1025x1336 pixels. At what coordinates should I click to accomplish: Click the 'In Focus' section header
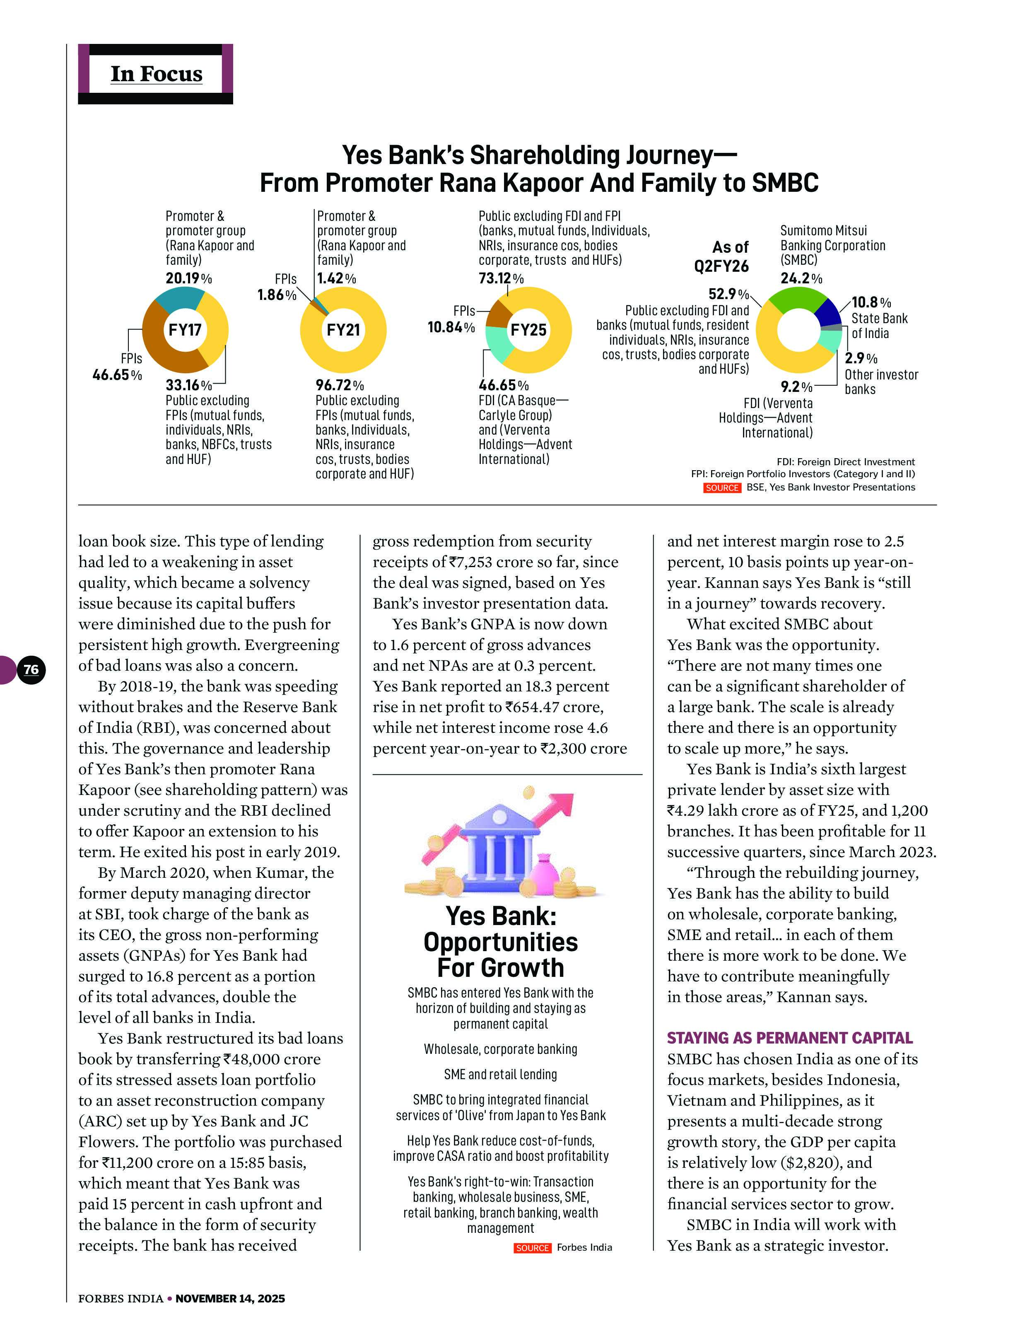click(x=156, y=74)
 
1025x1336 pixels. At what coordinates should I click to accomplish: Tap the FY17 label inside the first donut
click(x=185, y=330)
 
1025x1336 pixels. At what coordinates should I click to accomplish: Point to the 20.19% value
click(x=188, y=279)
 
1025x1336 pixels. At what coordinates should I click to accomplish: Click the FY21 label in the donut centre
click(x=343, y=330)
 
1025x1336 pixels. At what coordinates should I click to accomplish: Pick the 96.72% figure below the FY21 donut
click(x=339, y=386)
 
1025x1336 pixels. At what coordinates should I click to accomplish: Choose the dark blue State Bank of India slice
click(x=829, y=312)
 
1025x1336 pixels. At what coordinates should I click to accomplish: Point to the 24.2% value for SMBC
click(x=801, y=279)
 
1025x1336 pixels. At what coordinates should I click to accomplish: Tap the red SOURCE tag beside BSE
click(x=722, y=488)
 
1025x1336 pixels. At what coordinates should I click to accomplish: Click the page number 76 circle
click(x=31, y=669)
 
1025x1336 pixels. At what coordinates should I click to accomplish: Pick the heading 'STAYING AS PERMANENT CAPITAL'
click(x=789, y=1038)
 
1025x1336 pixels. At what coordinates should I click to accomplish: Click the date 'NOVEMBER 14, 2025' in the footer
click(x=230, y=1299)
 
